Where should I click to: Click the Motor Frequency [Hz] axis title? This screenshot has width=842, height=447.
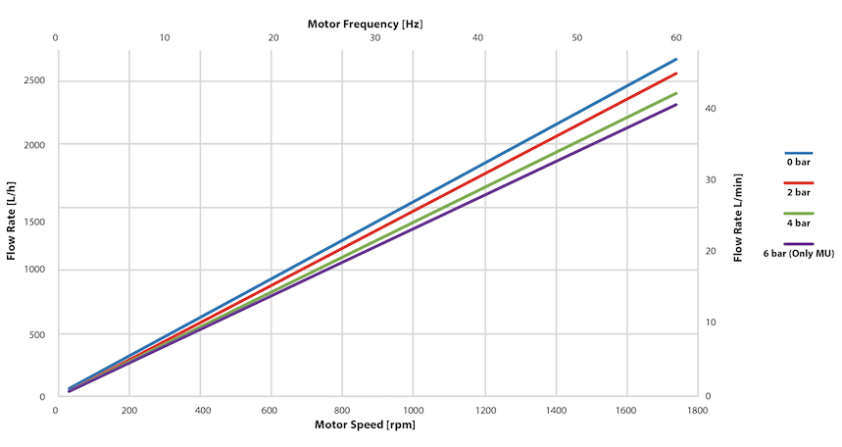tap(366, 22)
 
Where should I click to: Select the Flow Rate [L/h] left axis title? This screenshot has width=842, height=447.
tap(12, 223)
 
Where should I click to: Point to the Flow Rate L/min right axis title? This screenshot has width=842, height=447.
tap(737, 223)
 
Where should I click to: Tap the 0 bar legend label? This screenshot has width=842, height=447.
tap(798, 163)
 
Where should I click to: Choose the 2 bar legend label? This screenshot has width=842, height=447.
tap(798, 193)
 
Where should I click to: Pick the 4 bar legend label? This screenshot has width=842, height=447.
tap(798, 223)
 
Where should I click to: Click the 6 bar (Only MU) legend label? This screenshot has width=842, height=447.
tap(798, 254)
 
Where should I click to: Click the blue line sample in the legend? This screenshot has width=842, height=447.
tap(798, 153)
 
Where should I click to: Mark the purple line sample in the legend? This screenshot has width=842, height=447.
tap(798, 244)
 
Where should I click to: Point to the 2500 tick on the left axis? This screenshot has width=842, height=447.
tap(33, 81)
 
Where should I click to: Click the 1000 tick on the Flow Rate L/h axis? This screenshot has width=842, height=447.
tap(33, 271)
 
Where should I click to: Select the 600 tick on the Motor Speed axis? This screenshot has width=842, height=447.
tap(271, 412)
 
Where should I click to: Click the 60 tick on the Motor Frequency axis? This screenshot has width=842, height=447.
tap(675, 37)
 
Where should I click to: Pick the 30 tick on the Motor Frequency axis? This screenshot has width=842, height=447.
tap(375, 37)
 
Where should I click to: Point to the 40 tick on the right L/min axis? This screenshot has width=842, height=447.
tap(713, 109)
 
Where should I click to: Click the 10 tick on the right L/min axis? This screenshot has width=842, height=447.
tap(713, 323)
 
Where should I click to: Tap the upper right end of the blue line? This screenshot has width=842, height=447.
tap(675, 60)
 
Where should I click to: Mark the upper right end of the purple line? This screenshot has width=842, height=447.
tap(675, 105)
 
